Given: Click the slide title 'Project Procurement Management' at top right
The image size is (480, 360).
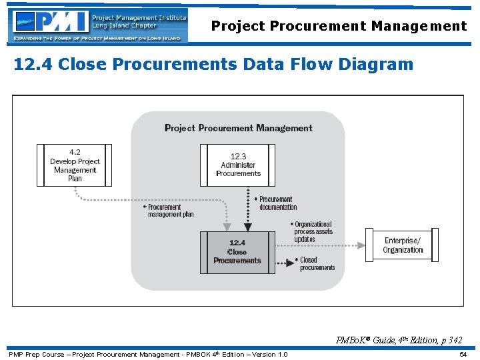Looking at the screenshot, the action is pyautogui.click(x=339, y=26).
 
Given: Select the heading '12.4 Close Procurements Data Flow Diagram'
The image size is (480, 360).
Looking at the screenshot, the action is pyautogui.click(x=213, y=64).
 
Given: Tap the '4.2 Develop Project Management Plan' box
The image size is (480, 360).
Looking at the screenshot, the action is pyautogui.click(x=75, y=165).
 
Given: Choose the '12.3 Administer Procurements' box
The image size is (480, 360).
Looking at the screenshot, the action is pyautogui.click(x=238, y=165).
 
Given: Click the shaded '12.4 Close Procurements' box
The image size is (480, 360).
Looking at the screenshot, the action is pyautogui.click(x=237, y=252).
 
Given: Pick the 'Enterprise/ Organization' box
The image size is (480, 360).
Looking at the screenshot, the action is pyautogui.click(x=403, y=245).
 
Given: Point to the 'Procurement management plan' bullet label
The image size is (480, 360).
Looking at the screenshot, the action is pyautogui.click(x=171, y=211).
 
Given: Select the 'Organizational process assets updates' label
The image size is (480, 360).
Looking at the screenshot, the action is pyautogui.click(x=313, y=231).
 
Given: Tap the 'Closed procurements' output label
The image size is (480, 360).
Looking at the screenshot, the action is pyautogui.click(x=317, y=263).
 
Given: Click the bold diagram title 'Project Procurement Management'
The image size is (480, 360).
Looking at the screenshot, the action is pyautogui.click(x=238, y=128).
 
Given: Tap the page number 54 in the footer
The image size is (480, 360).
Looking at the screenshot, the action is pyautogui.click(x=463, y=354).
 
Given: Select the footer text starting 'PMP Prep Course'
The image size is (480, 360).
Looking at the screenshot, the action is pyautogui.click(x=148, y=354).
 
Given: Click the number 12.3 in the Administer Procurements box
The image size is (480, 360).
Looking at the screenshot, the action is pyautogui.click(x=238, y=157).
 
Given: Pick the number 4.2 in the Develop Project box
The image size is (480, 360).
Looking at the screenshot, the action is pyautogui.click(x=75, y=152).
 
